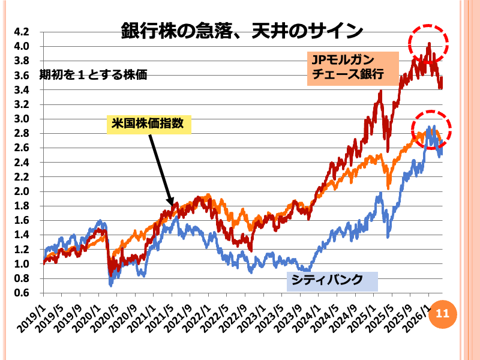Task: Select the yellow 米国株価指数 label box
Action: click(149, 124)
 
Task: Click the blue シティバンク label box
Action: click(332, 280)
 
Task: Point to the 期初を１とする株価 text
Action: click(93, 76)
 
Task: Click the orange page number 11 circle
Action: click(442, 313)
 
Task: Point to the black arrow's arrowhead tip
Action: click(172, 205)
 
